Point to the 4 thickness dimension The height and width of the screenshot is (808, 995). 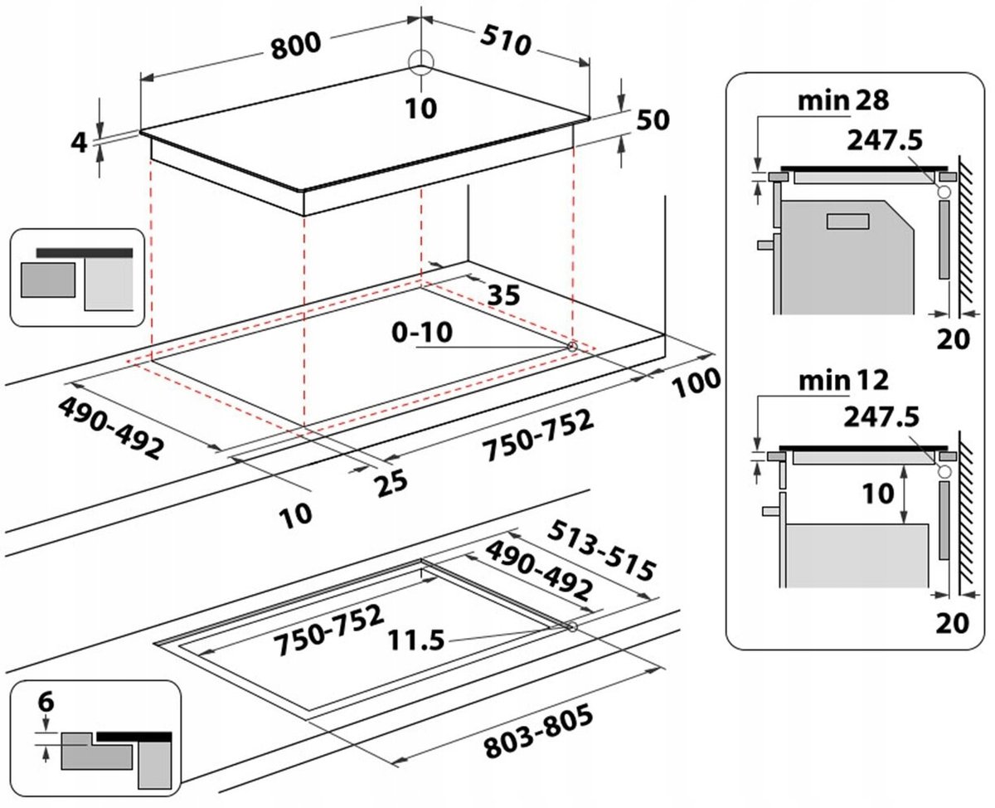point(79,142)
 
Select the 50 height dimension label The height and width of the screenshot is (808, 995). point(653,120)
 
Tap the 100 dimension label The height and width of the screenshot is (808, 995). point(695,384)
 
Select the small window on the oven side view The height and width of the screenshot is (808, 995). point(847,221)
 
